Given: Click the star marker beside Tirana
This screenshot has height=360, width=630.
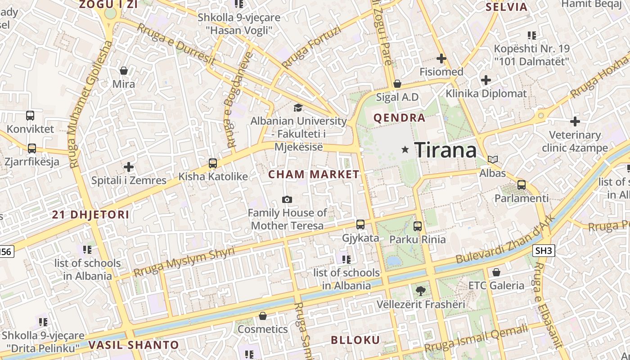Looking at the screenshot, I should (x=405, y=149).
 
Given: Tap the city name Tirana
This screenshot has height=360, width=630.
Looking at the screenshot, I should (x=445, y=149).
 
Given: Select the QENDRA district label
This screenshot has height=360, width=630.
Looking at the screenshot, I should (x=400, y=118).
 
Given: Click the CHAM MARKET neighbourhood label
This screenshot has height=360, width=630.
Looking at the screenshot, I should (x=314, y=174).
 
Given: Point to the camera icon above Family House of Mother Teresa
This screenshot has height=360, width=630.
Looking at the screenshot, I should (x=287, y=199).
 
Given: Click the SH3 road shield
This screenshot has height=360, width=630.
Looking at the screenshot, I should (x=544, y=251).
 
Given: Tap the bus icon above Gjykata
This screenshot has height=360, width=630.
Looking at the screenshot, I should (x=360, y=224).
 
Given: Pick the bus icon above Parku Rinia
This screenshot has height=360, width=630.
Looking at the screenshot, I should (x=418, y=226).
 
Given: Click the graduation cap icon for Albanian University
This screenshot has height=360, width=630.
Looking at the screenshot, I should (x=298, y=108).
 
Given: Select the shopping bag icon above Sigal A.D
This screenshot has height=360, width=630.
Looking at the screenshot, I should (x=397, y=84).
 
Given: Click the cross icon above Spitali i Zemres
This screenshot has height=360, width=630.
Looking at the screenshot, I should (x=129, y=167).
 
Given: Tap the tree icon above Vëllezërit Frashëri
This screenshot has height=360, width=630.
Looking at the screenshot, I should (x=421, y=290).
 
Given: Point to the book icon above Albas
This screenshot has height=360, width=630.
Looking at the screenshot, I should (x=493, y=159).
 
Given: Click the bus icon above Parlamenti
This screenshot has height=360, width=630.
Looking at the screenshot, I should (x=522, y=184).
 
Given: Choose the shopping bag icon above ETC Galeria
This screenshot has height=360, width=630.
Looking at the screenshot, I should (x=496, y=272).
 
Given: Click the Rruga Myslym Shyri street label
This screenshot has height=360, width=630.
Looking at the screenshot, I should (x=184, y=262).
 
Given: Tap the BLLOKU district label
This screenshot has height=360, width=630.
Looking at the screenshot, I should (x=355, y=340).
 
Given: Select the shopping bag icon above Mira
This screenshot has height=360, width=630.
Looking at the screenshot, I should (x=124, y=71).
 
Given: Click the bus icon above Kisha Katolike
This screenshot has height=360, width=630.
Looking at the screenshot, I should (x=213, y=163).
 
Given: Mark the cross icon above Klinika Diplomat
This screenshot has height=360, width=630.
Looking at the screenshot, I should (x=486, y=81).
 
